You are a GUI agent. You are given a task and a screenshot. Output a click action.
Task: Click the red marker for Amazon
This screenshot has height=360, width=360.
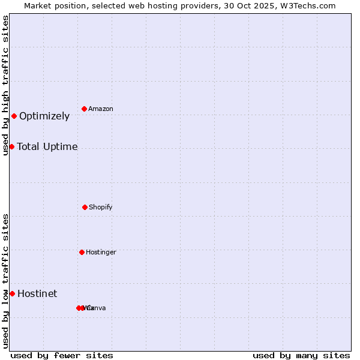[x=85, y=109]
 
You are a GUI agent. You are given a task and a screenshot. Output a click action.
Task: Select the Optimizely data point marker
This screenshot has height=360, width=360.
[x=14, y=116]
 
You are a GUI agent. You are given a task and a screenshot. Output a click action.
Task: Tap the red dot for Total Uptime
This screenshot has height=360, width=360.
[x=11, y=146]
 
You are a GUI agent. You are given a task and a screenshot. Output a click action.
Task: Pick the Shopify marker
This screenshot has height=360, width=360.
[x=85, y=207]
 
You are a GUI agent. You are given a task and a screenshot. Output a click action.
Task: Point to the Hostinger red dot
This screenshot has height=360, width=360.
[x=82, y=252]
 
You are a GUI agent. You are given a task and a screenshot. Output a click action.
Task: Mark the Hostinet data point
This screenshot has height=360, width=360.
[x=12, y=293]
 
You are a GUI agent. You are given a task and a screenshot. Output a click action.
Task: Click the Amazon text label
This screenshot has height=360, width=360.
[x=101, y=109]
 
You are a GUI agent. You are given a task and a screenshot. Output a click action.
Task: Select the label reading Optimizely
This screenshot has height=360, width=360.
[x=44, y=116]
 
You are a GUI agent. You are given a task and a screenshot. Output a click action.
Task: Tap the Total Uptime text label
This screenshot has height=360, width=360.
[x=47, y=146]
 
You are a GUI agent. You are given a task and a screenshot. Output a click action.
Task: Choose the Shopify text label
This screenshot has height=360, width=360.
[x=101, y=207]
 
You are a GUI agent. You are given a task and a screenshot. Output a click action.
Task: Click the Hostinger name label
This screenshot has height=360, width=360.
[x=101, y=252]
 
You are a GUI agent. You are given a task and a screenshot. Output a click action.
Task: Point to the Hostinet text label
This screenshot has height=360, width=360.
[x=37, y=293]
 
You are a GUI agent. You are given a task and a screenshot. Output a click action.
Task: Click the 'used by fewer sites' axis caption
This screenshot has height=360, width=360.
[x=62, y=355]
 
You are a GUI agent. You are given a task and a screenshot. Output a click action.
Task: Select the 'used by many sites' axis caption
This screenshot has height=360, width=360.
[x=301, y=355]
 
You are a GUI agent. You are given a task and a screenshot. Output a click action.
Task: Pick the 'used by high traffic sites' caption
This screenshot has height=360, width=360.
[x=5, y=85]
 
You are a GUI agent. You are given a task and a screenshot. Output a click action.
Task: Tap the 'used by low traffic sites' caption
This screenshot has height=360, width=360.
[x=5, y=281]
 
